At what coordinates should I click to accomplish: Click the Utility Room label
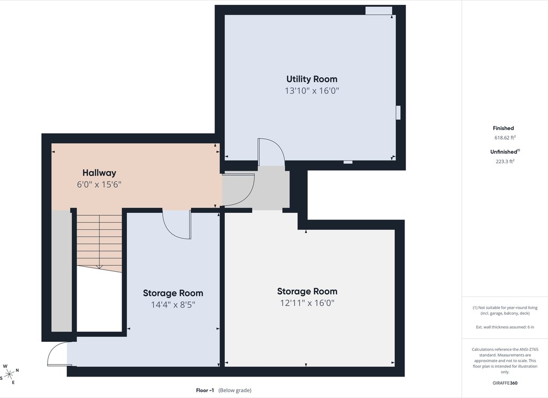[x=312, y=79]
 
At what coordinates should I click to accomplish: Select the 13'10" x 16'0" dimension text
[x=312, y=91]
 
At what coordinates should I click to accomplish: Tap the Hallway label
[x=99, y=173]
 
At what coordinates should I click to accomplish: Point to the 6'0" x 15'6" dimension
[x=99, y=185]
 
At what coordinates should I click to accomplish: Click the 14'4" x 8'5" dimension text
[x=173, y=305]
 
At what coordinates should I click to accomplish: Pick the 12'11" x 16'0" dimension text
[x=307, y=303]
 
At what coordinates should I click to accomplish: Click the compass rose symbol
[x=10, y=374]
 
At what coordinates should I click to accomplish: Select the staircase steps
[x=99, y=243]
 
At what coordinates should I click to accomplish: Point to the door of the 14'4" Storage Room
[x=177, y=224]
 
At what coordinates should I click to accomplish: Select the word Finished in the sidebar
[x=503, y=128]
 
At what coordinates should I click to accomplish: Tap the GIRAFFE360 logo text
[x=505, y=383]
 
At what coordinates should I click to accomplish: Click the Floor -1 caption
[x=205, y=391]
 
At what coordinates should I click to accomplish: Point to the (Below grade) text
[x=235, y=391]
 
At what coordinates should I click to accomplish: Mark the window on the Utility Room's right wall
[x=398, y=112]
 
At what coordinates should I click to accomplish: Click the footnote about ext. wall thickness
[x=505, y=327]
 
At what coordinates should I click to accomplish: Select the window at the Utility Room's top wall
[x=379, y=11]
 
